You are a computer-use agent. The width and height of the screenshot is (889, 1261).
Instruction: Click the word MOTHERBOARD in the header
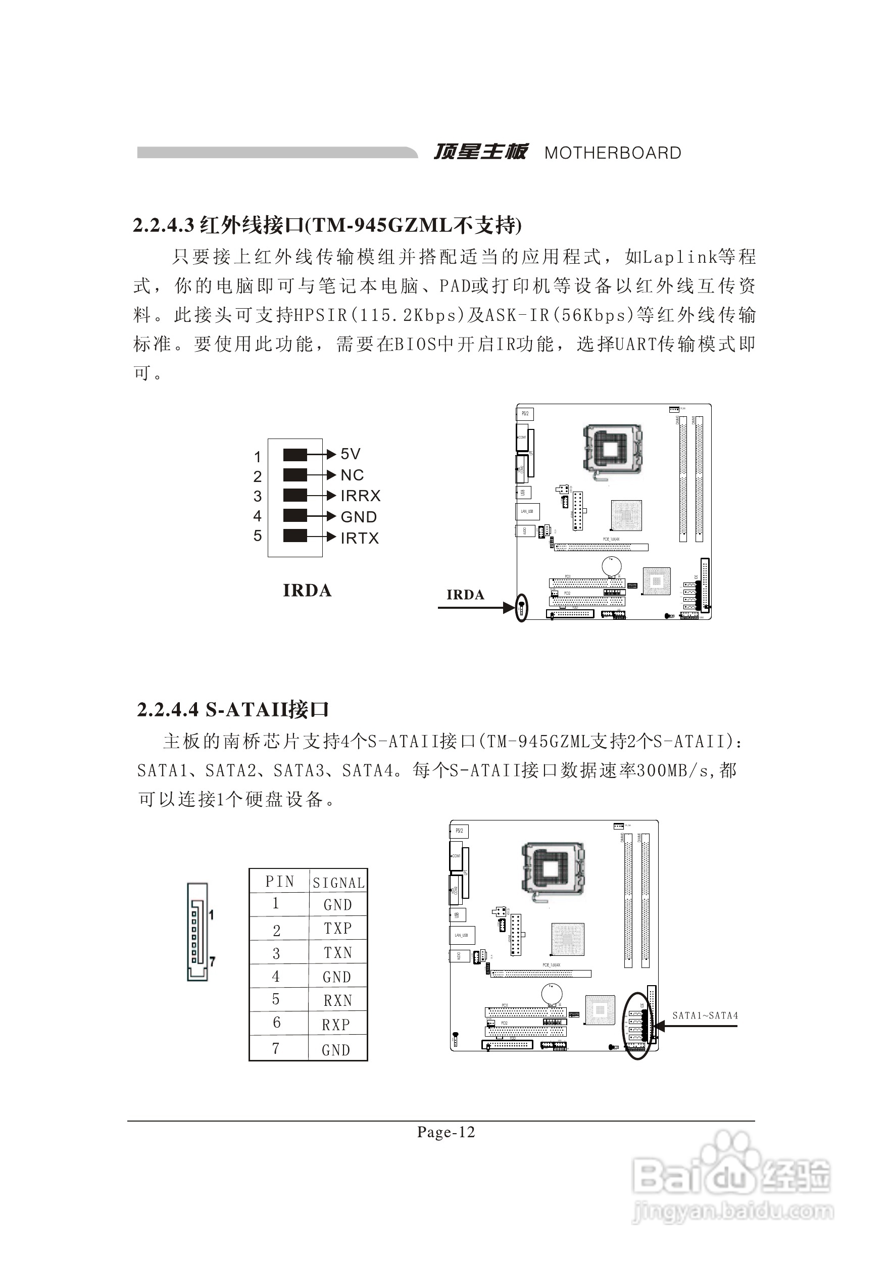612,153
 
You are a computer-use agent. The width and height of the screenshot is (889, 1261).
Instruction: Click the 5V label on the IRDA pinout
351,454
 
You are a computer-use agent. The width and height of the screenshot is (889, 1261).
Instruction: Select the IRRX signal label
360,496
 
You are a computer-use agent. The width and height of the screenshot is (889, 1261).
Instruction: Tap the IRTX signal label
360,538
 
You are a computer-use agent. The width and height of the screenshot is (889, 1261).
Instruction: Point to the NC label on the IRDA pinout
352,474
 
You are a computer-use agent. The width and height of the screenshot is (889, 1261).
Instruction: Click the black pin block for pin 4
295,515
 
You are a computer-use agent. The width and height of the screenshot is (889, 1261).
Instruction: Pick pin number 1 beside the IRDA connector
258,456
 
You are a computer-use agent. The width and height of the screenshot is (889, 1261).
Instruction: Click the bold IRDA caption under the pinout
307,591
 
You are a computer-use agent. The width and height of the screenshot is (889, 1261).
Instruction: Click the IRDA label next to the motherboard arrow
465,595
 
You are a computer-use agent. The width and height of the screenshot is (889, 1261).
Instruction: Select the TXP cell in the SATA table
337,928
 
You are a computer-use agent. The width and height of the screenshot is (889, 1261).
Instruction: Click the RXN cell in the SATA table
337,1001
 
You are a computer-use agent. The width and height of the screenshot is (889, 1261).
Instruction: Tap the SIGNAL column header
338,883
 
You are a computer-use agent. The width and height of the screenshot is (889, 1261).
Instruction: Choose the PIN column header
279,882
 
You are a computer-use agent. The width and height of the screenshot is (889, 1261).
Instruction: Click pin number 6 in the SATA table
277,1023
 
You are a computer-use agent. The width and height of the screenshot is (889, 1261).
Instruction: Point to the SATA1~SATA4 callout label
705,1015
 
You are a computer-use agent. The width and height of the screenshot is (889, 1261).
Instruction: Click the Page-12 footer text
446,1132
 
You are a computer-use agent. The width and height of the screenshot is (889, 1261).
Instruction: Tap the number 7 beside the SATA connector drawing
213,961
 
